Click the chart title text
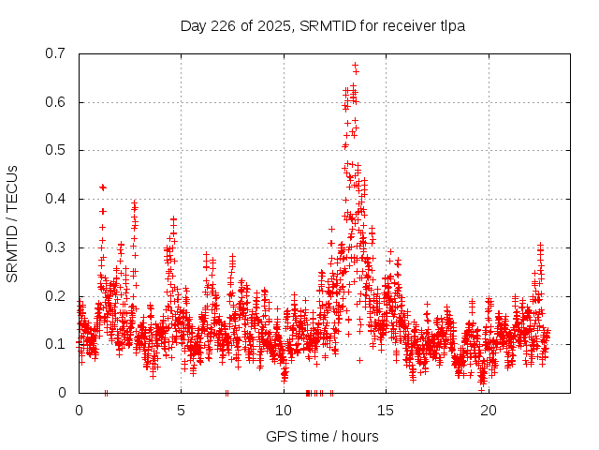[323, 25]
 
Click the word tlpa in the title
[451, 25]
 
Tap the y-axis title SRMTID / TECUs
[13, 223]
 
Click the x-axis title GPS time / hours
[323, 436]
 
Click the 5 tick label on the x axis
[182, 410]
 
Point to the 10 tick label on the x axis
[284, 410]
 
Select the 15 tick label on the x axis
[387, 410]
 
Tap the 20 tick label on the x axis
[489, 410]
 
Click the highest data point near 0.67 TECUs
[355, 66]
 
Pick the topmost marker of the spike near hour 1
[103, 187]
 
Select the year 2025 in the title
[272, 25]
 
